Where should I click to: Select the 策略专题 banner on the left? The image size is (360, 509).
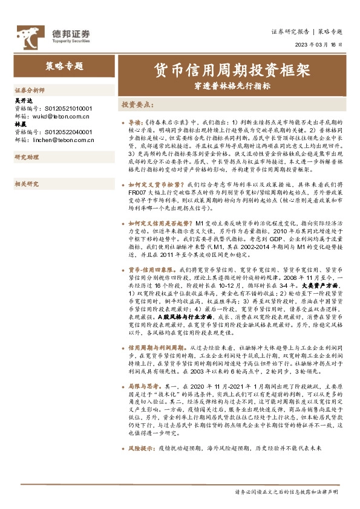pos(64,66)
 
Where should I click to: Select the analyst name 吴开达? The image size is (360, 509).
pos(22,101)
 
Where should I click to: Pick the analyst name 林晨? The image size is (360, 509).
pos(19,123)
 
